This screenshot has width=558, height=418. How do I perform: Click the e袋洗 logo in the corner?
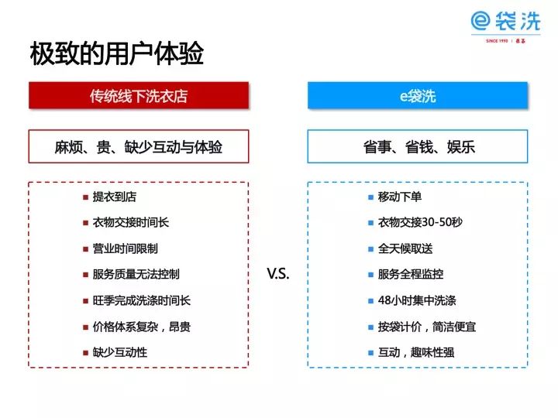[x=505, y=26]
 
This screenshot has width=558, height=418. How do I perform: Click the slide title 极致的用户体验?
[x=117, y=53]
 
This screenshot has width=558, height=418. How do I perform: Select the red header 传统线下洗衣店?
[x=139, y=95]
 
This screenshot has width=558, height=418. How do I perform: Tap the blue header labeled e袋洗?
[x=418, y=95]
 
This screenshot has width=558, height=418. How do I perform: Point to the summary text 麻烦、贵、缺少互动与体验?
[x=139, y=147]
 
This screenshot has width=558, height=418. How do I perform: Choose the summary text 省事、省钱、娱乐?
[x=418, y=147]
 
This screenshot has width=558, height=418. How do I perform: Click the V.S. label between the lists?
[x=278, y=273]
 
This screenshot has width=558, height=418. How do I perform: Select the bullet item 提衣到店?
[x=115, y=197]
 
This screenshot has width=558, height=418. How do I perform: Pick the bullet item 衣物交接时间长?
[x=131, y=222]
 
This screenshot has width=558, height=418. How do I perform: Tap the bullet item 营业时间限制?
[x=126, y=248]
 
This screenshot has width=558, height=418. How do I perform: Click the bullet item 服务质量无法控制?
[x=136, y=274]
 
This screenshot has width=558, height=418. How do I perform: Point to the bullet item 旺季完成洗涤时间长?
[x=142, y=300]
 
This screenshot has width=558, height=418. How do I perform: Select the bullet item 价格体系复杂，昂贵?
[x=142, y=327]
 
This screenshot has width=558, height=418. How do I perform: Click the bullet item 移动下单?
[x=400, y=197]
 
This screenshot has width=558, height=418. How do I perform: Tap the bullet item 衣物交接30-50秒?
[x=420, y=222]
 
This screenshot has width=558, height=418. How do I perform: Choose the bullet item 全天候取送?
[x=405, y=248]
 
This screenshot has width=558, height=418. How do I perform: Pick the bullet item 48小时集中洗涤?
[x=417, y=300]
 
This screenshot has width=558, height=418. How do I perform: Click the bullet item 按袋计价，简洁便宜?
[x=427, y=327]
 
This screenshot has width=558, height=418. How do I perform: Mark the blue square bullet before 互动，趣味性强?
[x=370, y=353]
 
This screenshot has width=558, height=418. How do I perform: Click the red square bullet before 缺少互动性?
[x=85, y=353]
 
